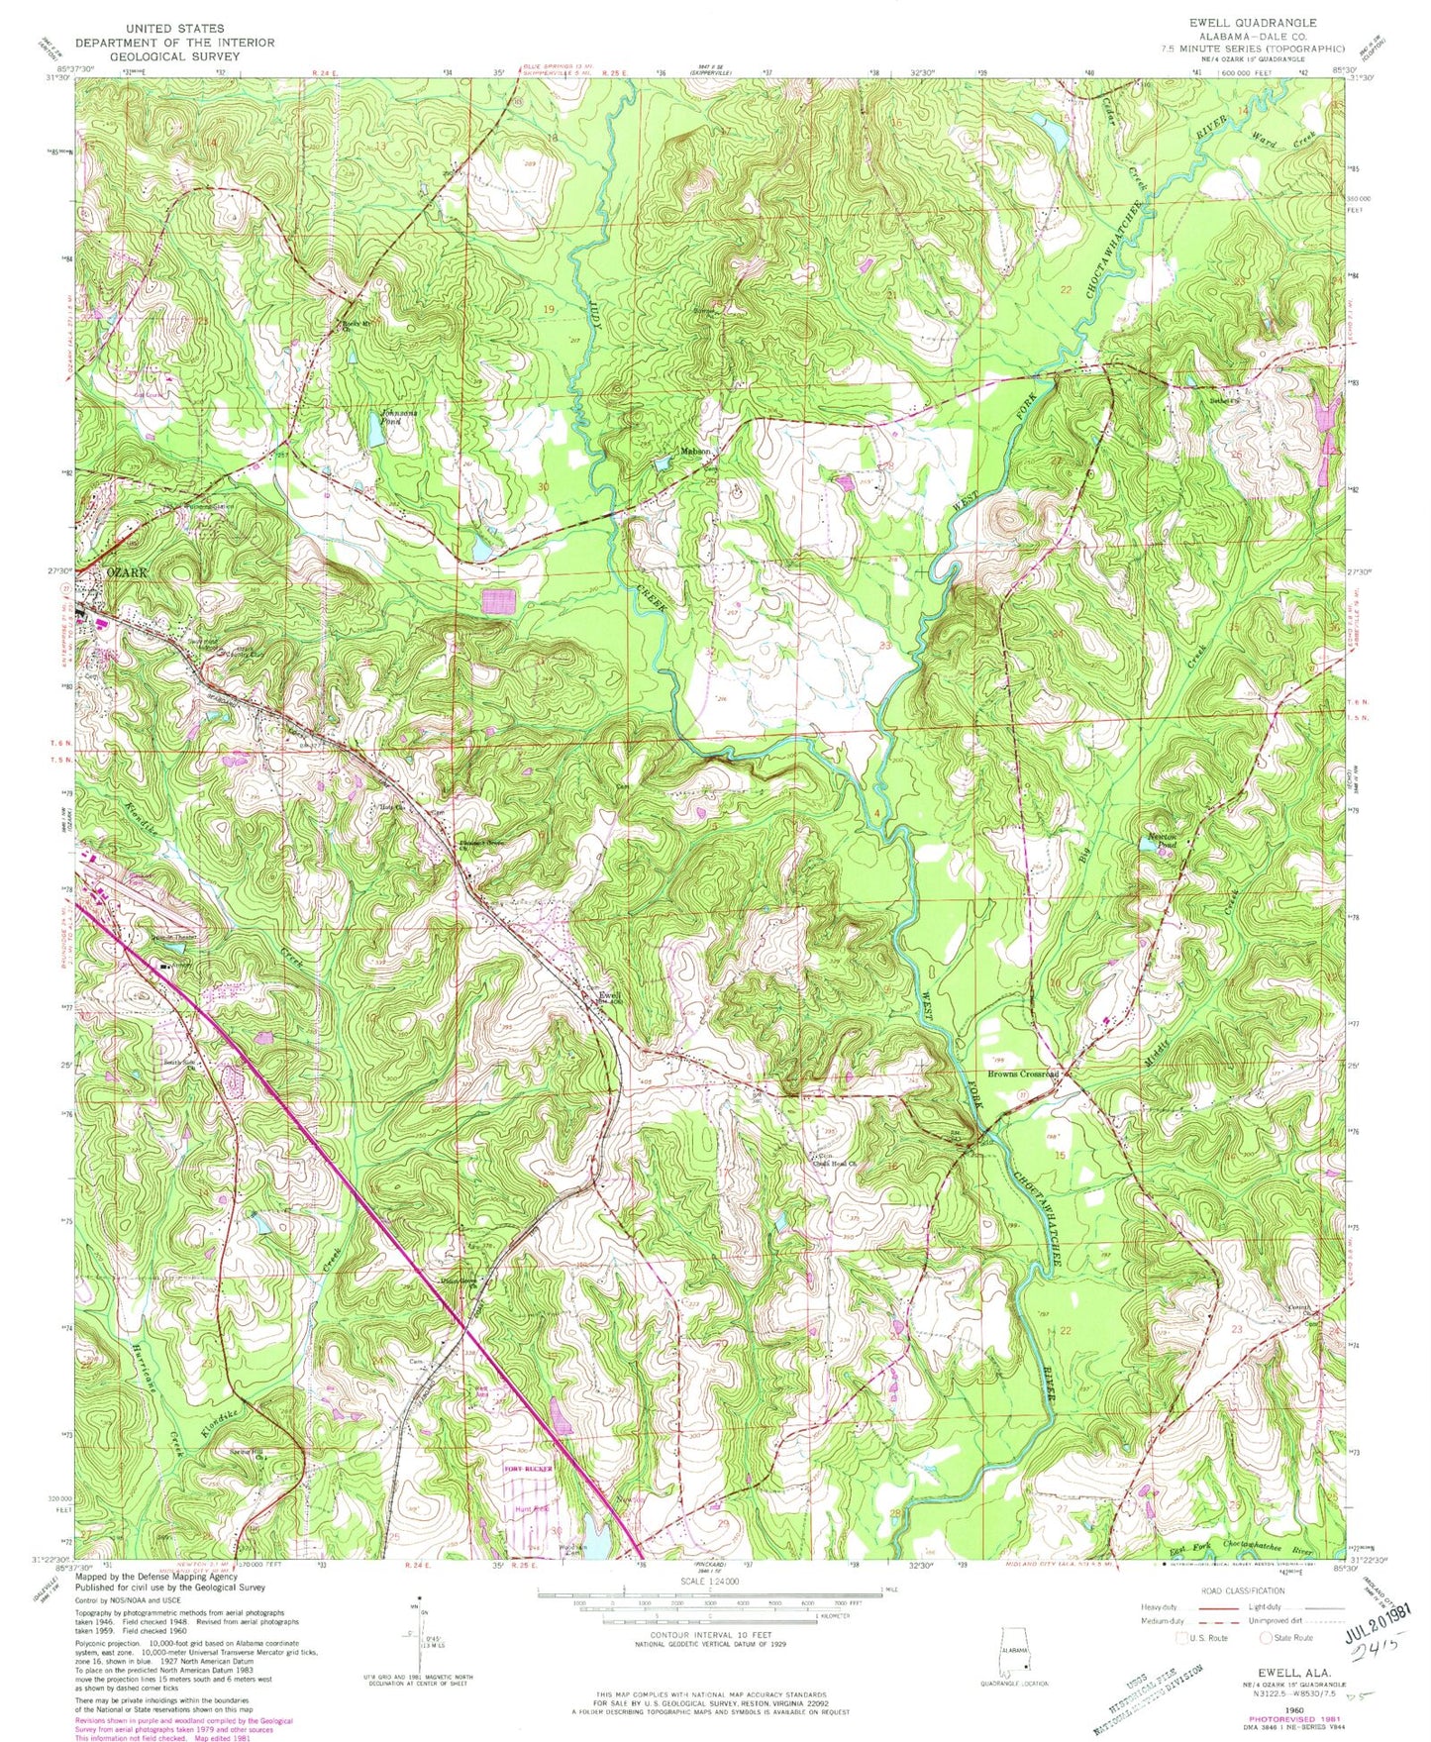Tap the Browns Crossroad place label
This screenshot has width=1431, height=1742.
[x=1024, y=1074]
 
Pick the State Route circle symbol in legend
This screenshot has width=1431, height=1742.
[x=1267, y=1638]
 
